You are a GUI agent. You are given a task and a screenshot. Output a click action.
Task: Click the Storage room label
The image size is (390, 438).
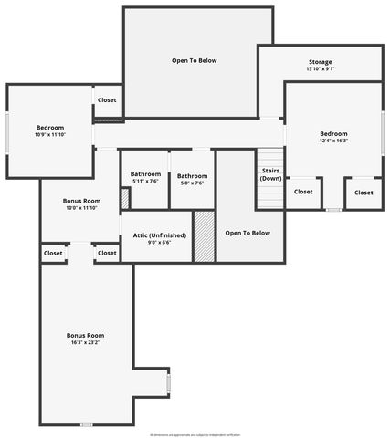point(320,62)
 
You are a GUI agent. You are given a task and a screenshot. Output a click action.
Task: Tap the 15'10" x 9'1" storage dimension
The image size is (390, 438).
point(320,69)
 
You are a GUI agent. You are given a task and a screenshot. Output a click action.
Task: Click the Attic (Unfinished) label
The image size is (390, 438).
point(161,235)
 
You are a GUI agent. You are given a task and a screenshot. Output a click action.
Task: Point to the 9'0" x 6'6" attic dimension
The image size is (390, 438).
point(161,242)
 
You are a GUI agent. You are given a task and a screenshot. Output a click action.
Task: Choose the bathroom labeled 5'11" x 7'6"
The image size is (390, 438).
point(145,182)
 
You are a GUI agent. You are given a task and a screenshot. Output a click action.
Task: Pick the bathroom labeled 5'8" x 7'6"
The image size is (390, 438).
point(192,182)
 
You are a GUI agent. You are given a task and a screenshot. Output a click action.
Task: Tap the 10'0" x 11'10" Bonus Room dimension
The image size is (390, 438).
point(81,208)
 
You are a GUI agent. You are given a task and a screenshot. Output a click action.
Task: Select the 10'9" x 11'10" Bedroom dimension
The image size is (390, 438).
point(50,135)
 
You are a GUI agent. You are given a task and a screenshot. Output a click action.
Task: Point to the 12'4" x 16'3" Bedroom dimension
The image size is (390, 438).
point(333,141)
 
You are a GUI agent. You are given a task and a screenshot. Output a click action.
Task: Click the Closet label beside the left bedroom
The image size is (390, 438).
point(107,99)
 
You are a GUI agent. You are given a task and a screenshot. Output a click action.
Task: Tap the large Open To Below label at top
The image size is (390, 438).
point(195,60)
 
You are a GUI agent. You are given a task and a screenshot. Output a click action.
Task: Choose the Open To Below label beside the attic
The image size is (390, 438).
point(248,233)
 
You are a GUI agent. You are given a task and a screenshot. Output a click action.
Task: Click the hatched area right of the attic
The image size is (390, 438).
point(204,236)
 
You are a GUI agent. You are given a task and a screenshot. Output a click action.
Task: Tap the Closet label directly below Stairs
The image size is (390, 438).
point(303,192)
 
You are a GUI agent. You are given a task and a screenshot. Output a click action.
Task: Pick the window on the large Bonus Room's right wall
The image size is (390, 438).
point(168,384)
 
